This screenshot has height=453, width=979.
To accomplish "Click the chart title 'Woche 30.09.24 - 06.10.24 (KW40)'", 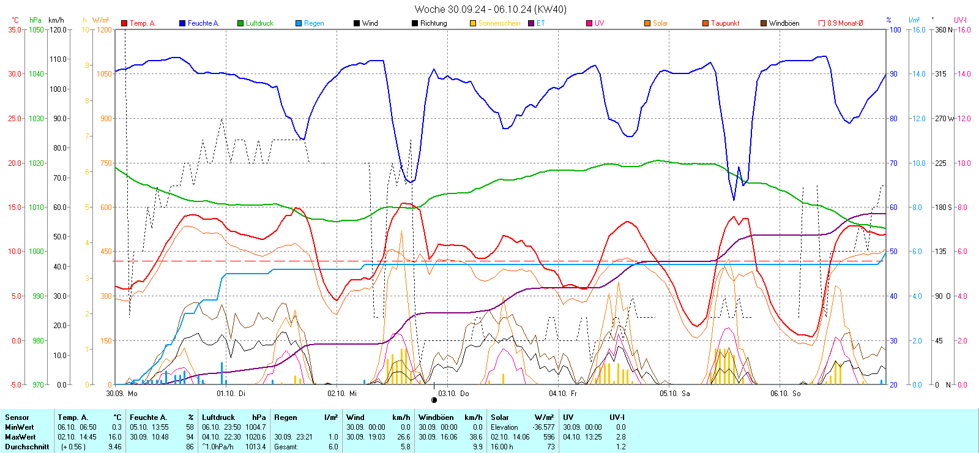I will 490,9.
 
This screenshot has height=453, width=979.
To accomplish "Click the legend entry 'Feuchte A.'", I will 203,23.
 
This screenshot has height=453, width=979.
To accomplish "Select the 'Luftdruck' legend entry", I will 259,23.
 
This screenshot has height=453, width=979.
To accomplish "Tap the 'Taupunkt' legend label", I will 725,23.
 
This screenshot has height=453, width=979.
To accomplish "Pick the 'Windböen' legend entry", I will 784,23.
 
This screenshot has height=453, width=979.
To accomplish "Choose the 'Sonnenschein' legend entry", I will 499,23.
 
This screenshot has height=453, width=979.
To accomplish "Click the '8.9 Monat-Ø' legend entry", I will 845,23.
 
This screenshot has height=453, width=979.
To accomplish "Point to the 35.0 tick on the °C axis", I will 15,29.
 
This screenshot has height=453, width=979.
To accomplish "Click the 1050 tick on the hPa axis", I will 37,29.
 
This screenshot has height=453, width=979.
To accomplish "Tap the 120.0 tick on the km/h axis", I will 59,29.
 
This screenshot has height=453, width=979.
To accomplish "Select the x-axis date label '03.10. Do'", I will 453,394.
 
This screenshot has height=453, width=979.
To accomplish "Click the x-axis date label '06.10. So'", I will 786,394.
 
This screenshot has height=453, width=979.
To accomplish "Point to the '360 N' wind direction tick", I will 943,29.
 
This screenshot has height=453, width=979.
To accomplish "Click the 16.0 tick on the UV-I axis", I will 964,29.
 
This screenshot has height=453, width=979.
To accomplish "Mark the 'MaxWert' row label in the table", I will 20,437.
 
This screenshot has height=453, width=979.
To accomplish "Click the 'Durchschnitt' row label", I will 27,447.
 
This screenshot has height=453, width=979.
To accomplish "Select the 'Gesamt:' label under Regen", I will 286,447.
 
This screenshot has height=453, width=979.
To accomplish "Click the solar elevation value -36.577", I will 543,427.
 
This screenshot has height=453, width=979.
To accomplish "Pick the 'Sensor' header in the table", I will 17,417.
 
